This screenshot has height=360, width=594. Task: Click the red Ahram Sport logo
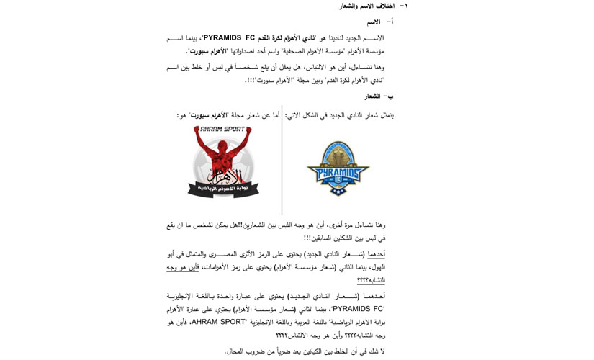pos(223,162)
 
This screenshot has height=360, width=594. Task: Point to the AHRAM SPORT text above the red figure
pos(223,130)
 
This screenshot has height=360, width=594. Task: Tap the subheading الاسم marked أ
pos(374,22)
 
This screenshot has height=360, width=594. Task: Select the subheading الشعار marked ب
pos(372,96)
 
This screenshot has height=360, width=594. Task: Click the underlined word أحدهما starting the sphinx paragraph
pos(376,254)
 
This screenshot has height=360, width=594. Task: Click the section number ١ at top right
pos(405,6)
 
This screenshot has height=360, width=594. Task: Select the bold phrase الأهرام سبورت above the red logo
pos(207,115)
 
